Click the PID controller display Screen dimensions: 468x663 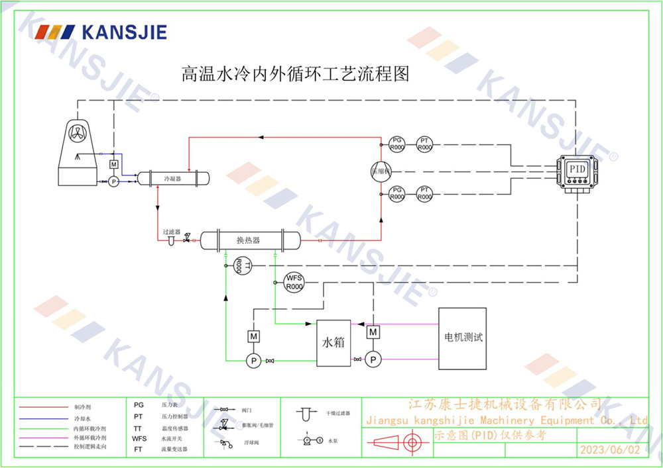(x=577, y=169)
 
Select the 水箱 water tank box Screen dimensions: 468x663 (x=333, y=343)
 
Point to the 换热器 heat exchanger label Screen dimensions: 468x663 (x=248, y=240)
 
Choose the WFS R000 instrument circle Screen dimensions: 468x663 (x=293, y=282)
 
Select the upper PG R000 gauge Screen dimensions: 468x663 (x=396, y=144)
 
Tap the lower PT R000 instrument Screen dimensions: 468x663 (x=424, y=194)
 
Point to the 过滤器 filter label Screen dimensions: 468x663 (x=172, y=232)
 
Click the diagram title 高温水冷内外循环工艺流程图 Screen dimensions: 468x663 (x=296, y=73)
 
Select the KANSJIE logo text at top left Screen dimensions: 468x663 (x=123, y=32)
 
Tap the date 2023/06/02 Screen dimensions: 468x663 (x=610, y=449)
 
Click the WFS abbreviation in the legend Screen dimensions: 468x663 (x=139, y=438)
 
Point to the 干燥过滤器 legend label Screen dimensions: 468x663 (x=337, y=413)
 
